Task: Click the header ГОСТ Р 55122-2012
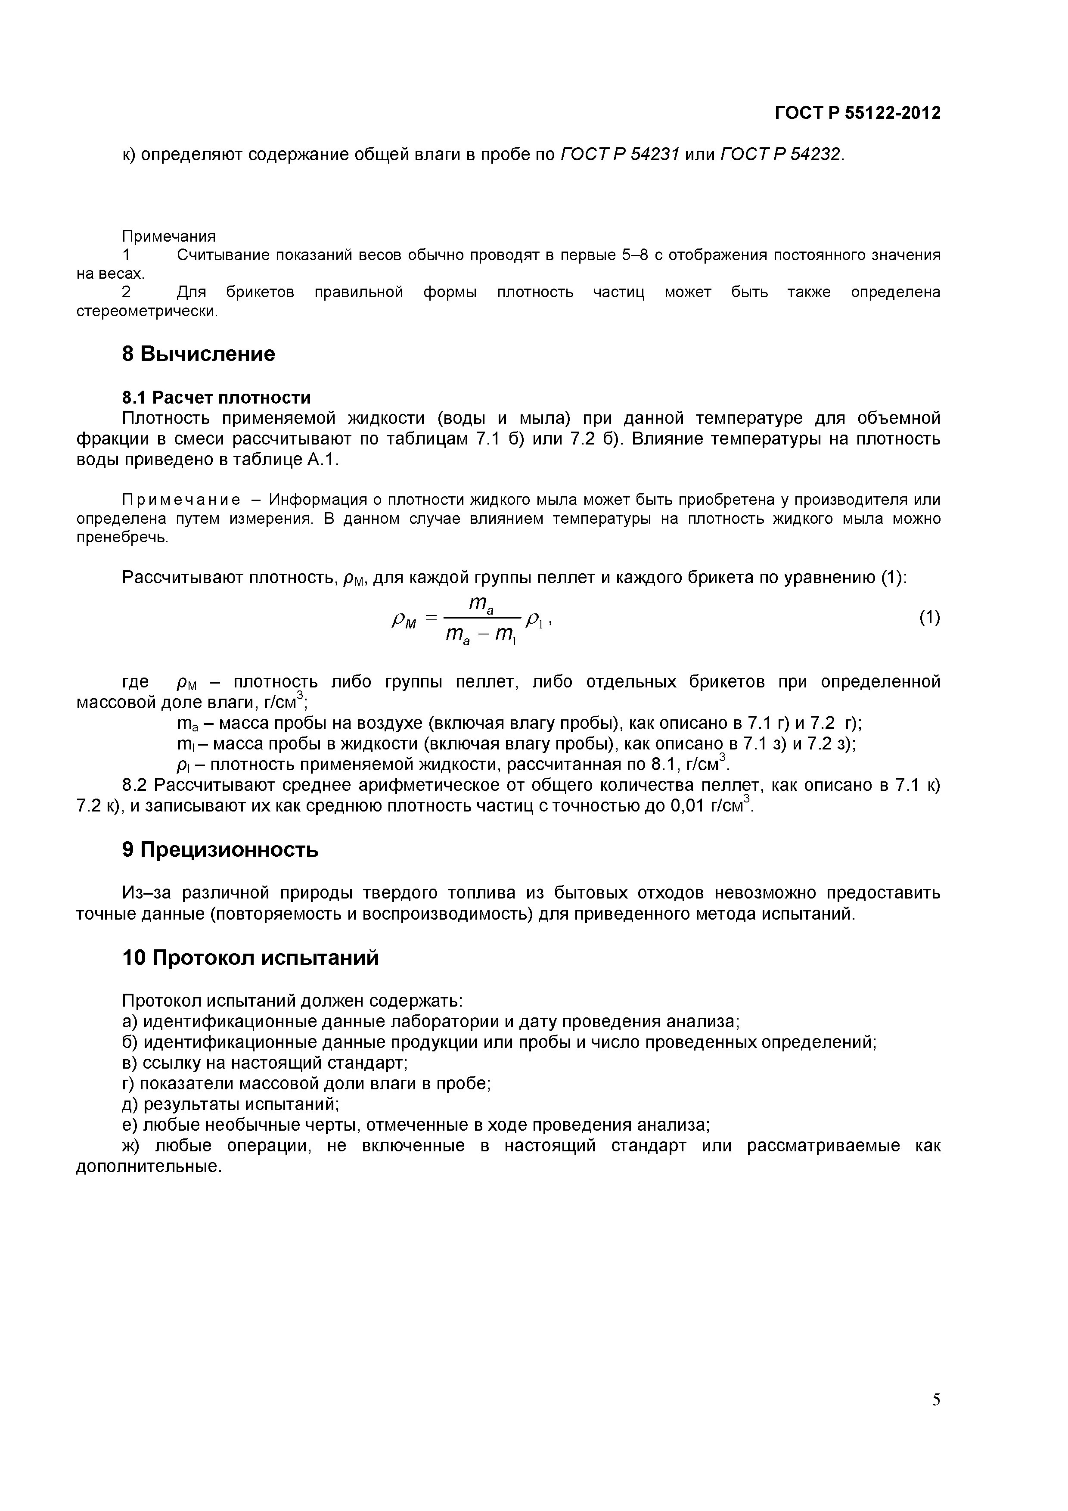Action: point(857,113)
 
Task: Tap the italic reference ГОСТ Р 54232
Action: point(780,155)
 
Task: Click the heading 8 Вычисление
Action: point(198,354)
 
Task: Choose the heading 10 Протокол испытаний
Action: point(250,958)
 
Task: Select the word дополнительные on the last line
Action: point(149,1167)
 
